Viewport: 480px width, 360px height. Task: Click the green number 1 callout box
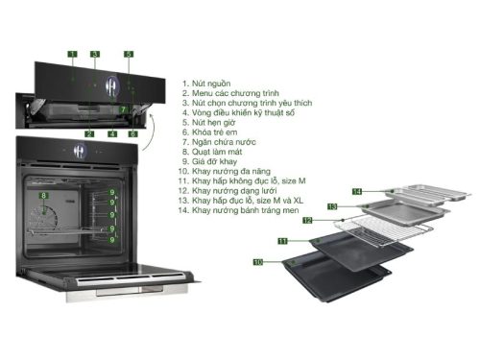[x=72, y=54]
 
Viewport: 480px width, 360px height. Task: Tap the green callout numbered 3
[x=95, y=54]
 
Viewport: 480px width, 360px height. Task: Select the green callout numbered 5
[x=129, y=54]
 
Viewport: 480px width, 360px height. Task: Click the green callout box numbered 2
[x=88, y=133]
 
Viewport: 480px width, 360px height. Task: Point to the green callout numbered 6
[x=132, y=133]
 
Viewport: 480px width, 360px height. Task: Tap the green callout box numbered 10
[x=258, y=261]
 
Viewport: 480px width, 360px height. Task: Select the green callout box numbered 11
[x=283, y=238]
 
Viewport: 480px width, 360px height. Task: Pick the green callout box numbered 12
[x=308, y=220]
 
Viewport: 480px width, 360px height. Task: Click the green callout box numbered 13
[x=331, y=206]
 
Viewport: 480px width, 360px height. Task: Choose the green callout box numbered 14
[x=355, y=192]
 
